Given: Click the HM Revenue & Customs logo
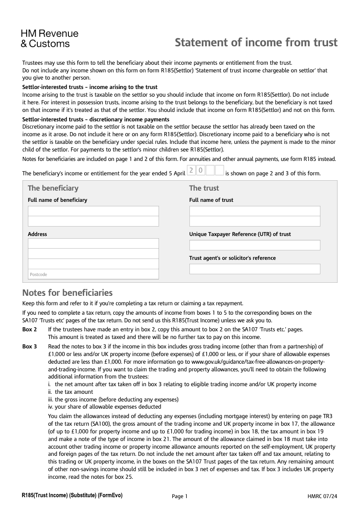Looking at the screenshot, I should click(x=49, y=39).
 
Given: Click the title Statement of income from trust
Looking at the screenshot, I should click(x=256, y=43).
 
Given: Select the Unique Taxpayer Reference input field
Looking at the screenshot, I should click(x=255, y=245).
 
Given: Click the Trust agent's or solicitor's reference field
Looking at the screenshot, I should click(x=255, y=269).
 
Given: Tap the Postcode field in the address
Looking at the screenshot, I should click(x=93, y=274).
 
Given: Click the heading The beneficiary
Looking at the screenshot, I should click(x=53, y=188).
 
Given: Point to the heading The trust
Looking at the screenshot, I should click(x=204, y=188).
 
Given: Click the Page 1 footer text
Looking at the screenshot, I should click(x=180, y=496).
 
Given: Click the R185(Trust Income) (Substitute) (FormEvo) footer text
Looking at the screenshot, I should click(x=72, y=495).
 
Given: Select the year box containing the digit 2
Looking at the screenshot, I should click(x=191, y=170).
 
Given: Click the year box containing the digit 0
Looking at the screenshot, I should click(x=200, y=170).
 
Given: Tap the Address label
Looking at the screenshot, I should click(x=37, y=234).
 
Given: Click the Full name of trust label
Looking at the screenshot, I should click(x=211, y=200).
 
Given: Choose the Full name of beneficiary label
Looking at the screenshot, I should click(x=58, y=200).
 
